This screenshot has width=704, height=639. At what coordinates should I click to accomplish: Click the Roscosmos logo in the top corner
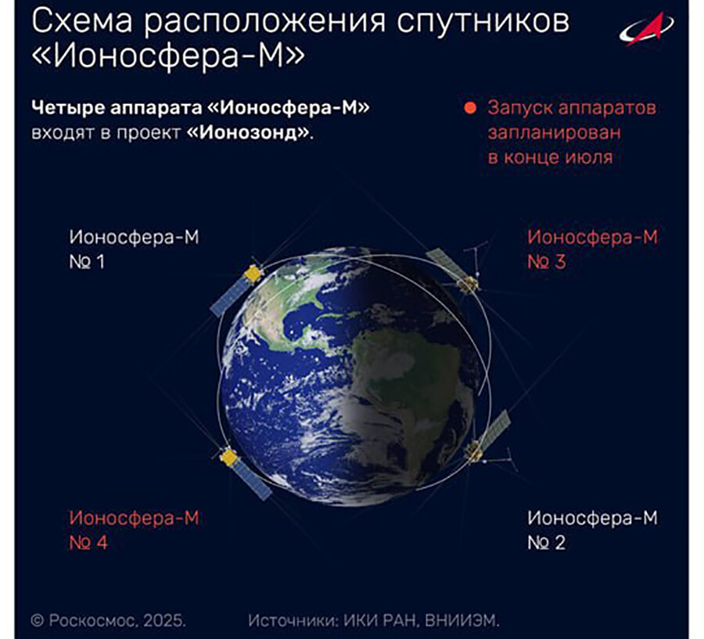(647, 29)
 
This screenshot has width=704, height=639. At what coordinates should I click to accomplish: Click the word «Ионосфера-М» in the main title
(168, 57)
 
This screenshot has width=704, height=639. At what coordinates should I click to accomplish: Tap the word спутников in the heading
(483, 22)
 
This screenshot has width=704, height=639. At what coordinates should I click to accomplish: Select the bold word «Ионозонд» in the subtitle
(249, 133)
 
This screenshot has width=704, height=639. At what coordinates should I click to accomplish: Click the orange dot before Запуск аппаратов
(470, 108)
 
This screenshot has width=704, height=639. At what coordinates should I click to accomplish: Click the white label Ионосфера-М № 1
(134, 249)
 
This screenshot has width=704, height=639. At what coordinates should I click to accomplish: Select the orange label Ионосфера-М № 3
(592, 249)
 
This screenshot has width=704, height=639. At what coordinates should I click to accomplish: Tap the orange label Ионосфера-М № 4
(134, 530)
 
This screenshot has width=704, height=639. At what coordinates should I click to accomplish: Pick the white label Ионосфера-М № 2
(592, 530)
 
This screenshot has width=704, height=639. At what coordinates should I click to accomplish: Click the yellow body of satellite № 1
(253, 274)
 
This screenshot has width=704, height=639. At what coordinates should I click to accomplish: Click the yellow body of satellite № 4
(229, 457)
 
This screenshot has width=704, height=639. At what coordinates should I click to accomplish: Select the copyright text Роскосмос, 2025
(108, 620)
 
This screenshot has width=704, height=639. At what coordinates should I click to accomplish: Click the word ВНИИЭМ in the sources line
(462, 620)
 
